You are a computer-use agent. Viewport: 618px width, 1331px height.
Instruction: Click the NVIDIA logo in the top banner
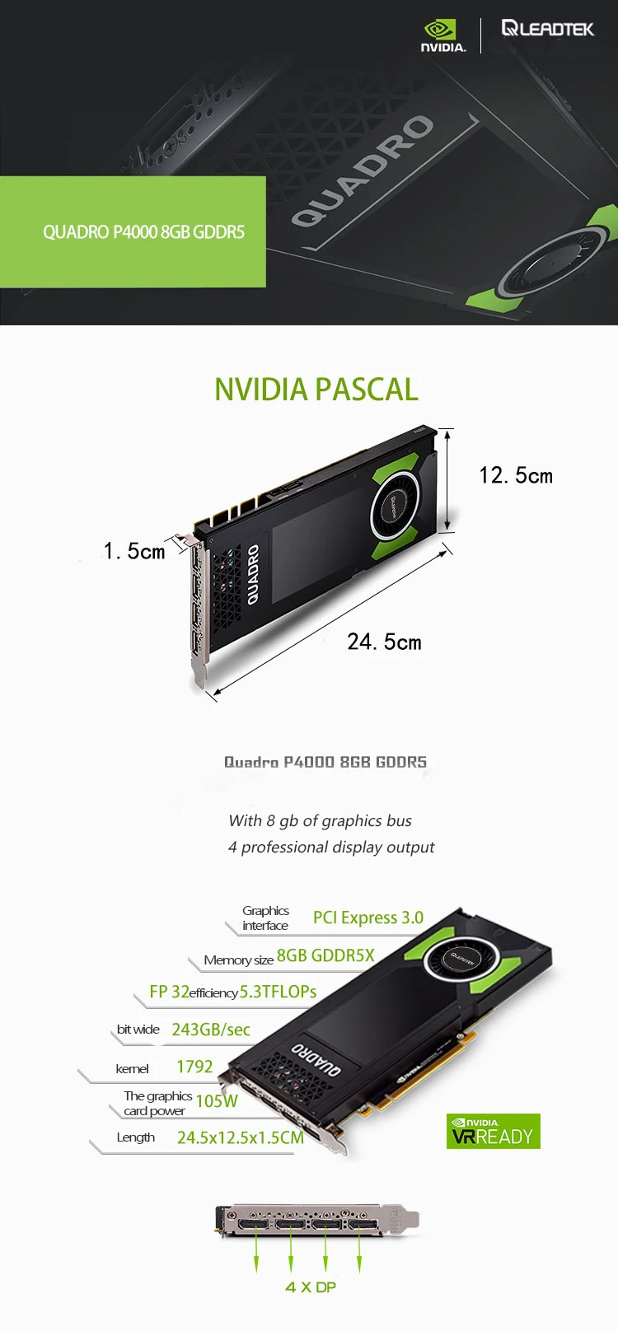pos(443,36)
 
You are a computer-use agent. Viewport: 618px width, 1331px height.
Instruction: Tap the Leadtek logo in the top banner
pos(547,28)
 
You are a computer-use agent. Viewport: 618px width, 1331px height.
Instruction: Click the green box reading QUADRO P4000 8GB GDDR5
pos(133,231)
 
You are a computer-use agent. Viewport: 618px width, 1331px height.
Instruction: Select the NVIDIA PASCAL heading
pos(316,390)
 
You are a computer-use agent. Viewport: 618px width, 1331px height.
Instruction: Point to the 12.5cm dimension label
pos(516,475)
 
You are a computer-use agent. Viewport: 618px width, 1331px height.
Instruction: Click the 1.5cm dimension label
pos(134,551)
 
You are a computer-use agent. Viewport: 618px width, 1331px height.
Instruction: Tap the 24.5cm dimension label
pos(385,642)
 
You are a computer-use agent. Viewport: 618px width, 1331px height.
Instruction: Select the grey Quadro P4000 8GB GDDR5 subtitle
pos(325,762)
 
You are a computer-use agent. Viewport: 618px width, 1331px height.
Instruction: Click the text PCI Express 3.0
pos(368,918)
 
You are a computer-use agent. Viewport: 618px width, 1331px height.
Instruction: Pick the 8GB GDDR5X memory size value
pos(325,955)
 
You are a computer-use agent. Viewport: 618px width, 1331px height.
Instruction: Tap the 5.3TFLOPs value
pos(278,992)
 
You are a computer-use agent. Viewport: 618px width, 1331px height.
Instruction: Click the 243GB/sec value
pos(211,1030)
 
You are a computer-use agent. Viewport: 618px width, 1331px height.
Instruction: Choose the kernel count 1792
pos(194,1067)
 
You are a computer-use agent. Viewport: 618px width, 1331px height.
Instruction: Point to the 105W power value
pos(216,1101)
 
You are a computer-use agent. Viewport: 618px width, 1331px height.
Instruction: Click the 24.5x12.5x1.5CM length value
pos(240,1137)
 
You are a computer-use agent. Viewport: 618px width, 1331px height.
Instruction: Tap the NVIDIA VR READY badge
pos(494,1131)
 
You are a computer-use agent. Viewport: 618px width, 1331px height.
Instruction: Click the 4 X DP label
pos(311,1287)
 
